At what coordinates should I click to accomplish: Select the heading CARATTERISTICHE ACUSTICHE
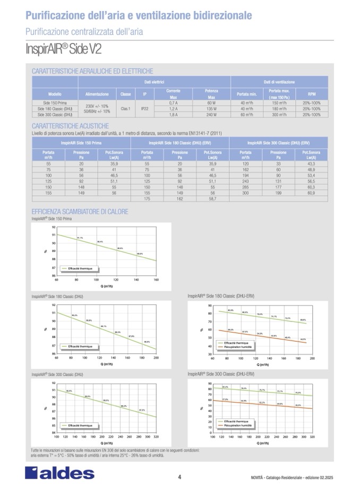point(71,126)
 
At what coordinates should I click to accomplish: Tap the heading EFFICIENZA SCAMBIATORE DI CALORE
point(80,212)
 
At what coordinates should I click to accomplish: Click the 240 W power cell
point(211,115)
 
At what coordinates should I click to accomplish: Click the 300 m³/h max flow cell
point(279,115)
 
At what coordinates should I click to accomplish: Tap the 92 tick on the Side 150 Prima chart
point(54,227)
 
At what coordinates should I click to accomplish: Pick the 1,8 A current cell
point(173,115)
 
